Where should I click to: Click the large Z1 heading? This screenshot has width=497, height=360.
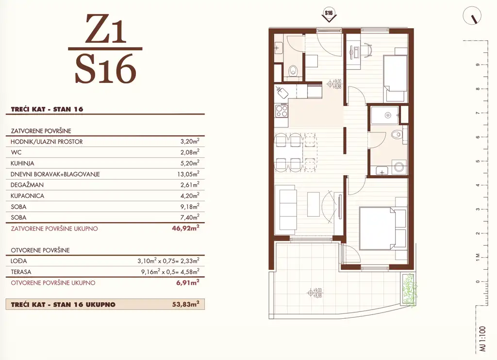[105, 29]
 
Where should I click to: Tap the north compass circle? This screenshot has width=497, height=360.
[472, 16]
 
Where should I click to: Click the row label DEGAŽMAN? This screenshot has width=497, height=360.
[27, 185]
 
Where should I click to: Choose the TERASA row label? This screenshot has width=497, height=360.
[21, 272]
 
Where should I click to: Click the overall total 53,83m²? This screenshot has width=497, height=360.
[186, 304]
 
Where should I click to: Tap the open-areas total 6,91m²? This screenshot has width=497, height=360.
[188, 282]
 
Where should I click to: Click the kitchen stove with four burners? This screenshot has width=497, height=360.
[282, 111]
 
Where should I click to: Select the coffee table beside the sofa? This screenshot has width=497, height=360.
[313, 204]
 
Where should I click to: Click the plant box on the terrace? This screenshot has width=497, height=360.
[408, 289]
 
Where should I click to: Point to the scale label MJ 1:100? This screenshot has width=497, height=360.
[482, 339]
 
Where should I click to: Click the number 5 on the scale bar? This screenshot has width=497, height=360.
[478, 161]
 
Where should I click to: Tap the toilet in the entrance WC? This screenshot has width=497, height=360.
[293, 71]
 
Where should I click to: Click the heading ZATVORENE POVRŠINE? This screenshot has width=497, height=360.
[41, 131]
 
